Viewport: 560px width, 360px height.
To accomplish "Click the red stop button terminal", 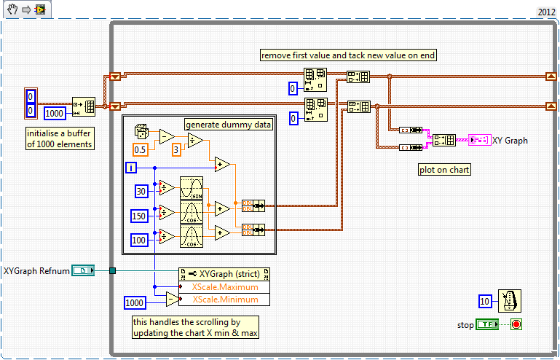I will click(x=516, y=324).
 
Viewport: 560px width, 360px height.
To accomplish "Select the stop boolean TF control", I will click(x=487, y=324).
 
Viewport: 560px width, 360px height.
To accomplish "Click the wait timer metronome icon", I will click(x=509, y=300).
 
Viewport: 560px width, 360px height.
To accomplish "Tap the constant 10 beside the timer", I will click(x=485, y=301).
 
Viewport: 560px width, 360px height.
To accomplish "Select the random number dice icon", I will click(x=142, y=132).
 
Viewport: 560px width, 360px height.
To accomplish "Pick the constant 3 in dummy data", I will click(x=176, y=149).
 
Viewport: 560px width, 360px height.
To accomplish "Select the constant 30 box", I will click(x=142, y=191).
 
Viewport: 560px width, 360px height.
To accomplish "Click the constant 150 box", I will click(x=140, y=215).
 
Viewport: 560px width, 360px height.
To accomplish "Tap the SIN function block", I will click(x=191, y=187).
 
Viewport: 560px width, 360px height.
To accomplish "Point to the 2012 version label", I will click(x=547, y=12).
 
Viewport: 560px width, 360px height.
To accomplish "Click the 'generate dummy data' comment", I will click(x=229, y=124).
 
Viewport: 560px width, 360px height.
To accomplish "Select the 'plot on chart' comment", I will click(x=444, y=170).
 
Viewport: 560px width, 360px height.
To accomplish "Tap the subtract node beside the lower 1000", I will click(x=171, y=300).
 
